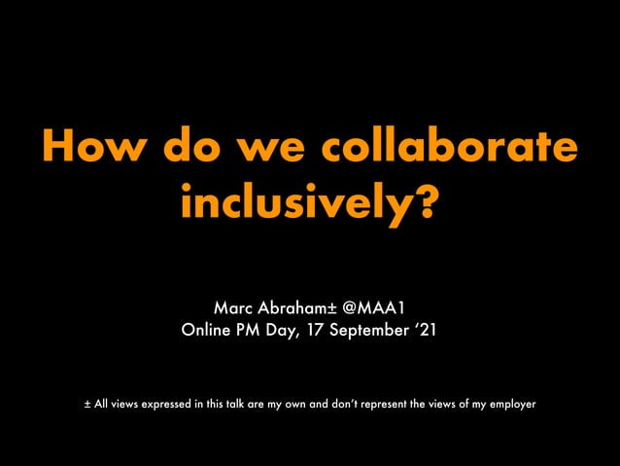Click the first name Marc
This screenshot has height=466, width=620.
pyautogui.click(x=234, y=309)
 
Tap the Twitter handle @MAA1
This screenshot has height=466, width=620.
pyautogui.click(x=379, y=309)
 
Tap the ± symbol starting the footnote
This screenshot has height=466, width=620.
pyautogui.click(x=87, y=402)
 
